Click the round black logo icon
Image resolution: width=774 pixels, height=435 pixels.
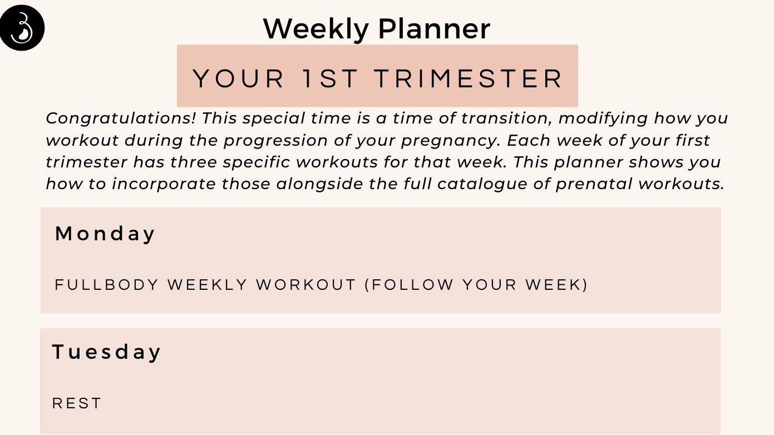click(x=22, y=28)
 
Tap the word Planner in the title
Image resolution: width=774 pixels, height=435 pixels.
click(x=434, y=29)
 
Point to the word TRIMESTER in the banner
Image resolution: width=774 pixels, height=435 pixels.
click(x=469, y=78)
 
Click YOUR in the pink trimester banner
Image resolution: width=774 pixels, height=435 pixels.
click(x=239, y=78)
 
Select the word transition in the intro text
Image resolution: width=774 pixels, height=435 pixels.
click(x=506, y=118)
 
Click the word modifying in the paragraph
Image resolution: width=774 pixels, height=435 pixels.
click(x=603, y=118)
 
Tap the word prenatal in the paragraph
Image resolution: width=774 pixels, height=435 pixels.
click(x=594, y=184)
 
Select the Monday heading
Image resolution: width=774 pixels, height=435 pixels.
click(x=105, y=234)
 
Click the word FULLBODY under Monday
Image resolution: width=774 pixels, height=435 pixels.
click(x=107, y=285)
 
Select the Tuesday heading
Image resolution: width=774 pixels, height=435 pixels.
click(x=106, y=352)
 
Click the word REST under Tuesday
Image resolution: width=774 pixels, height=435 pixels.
click(x=77, y=403)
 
